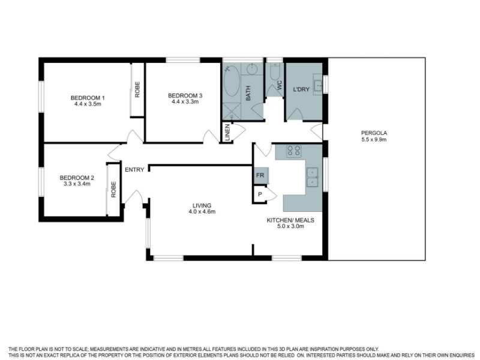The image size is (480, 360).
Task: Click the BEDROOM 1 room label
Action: tap(88, 98)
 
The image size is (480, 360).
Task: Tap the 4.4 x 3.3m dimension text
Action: tap(185, 102)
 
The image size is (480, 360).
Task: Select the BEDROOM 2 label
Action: tap(77, 178)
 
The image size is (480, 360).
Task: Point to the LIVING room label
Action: tap(202, 205)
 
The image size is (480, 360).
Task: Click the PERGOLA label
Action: tap(374, 133)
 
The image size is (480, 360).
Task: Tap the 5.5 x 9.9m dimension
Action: tap(374, 140)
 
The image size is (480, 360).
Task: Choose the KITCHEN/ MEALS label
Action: tap(290, 220)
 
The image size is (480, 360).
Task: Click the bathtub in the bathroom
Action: tap(232, 82)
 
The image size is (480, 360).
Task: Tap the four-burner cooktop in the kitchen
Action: tap(293, 151)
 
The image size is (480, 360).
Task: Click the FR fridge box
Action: tap(261, 175)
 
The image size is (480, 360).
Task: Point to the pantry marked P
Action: tap(260, 194)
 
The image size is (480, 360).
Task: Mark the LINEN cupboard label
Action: tap(227, 133)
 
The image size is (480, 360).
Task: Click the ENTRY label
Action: tap(134, 170)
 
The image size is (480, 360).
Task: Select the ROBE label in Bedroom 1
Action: tap(137, 89)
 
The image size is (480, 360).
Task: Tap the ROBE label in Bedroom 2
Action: tap(113, 190)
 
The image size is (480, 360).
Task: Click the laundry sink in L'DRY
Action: tap(317, 84)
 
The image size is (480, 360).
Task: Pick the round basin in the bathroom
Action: tap(253, 69)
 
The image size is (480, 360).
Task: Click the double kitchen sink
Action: tap(313, 177)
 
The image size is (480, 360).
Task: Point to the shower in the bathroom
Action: tap(232, 112)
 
